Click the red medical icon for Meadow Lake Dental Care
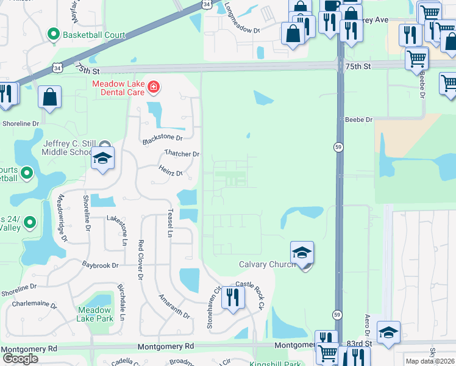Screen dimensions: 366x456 (153, 88)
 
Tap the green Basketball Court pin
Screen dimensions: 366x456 (54, 34)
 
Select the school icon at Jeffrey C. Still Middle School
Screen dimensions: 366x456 (103, 159)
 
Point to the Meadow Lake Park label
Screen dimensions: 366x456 (95, 314)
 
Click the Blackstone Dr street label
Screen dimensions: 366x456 (163, 138)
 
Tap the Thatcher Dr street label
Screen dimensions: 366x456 (182, 154)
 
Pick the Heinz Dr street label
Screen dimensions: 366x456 (171, 173)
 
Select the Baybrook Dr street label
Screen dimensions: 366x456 (101, 265)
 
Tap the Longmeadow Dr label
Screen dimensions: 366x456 (241, 16)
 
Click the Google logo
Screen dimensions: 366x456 (20, 359)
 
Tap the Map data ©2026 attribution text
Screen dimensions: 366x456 (430, 361)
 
